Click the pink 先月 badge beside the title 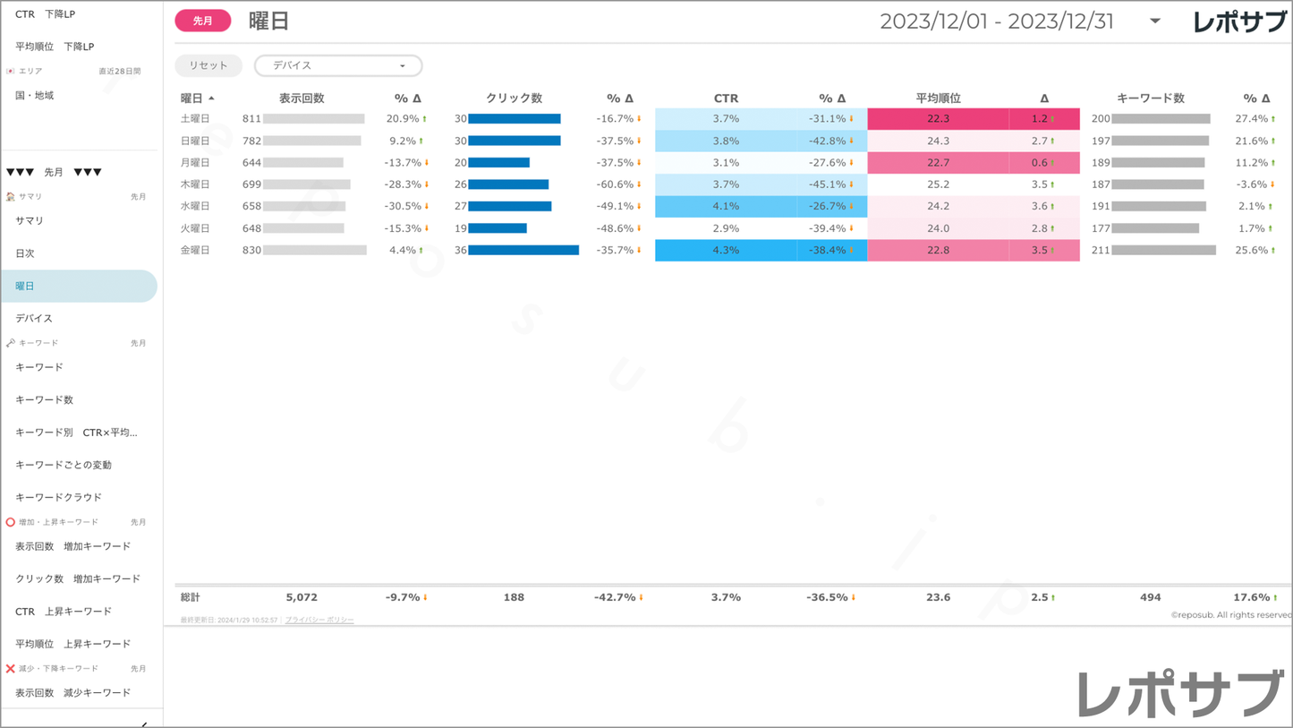[x=203, y=21]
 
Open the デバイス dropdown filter [x=338, y=65]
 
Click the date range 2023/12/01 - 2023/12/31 [x=997, y=21]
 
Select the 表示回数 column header [x=302, y=98]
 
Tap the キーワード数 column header [x=1151, y=98]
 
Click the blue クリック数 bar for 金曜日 [x=523, y=251]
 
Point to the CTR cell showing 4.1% [x=726, y=207]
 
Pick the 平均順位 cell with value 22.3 [x=938, y=119]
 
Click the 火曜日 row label [x=195, y=228]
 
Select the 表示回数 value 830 [x=251, y=251]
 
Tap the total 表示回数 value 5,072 [x=302, y=597]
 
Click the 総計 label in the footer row [x=191, y=597]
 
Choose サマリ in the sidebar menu [x=30, y=221]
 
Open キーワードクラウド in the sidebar [x=59, y=498]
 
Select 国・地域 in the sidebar [x=35, y=96]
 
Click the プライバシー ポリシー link [x=319, y=620]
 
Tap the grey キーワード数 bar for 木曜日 [x=1158, y=184]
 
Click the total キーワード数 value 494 [x=1151, y=597]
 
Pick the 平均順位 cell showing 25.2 [x=938, y=184]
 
